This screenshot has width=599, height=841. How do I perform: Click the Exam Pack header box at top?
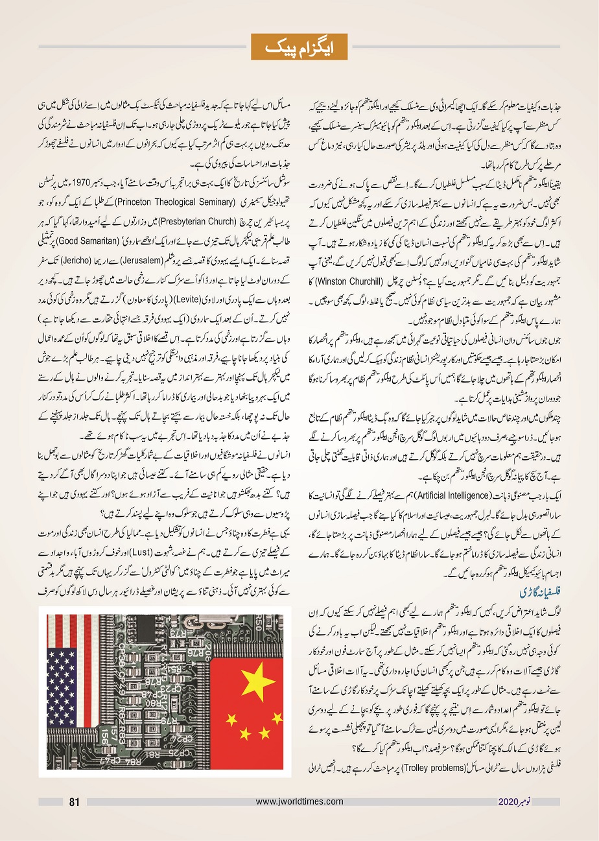click(299, 47)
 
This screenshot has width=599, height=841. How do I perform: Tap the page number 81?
click(74, 802)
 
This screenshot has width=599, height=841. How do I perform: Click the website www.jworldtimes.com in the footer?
click(299, 802)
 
